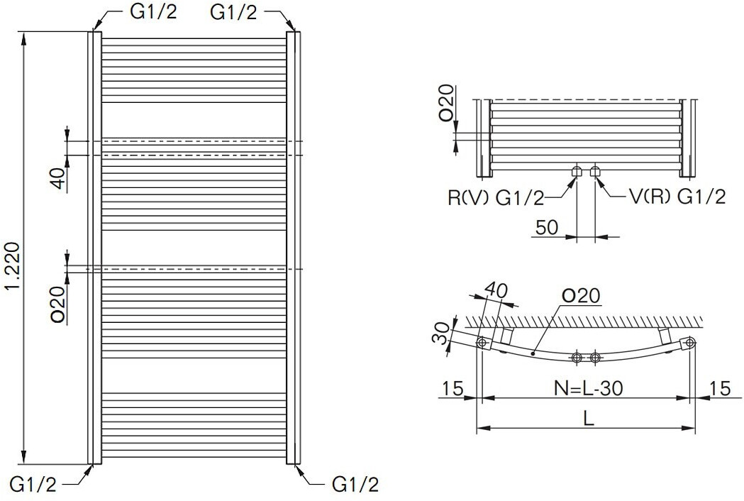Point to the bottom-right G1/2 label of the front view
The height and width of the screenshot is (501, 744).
tap(355, 485)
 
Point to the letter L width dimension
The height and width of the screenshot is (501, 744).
tap(588, 418)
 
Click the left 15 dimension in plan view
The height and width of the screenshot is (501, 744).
tap(452, 389)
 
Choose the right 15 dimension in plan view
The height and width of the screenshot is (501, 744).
tap(719, 389)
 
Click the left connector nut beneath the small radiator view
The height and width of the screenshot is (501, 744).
tap(577, 171)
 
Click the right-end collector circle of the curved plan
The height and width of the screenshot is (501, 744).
tap(689, 344)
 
